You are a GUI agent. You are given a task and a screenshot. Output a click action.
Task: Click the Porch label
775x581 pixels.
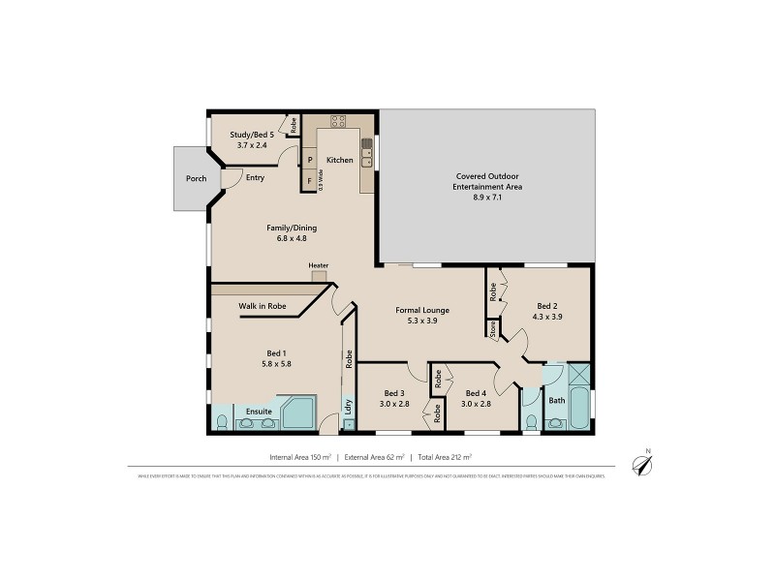point(196,179)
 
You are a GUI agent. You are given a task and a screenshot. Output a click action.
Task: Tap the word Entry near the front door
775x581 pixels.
point(255,177)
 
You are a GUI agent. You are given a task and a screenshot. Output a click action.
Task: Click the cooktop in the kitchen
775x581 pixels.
point(339,122)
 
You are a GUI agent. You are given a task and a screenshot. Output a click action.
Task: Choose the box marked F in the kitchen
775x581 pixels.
point(310,180)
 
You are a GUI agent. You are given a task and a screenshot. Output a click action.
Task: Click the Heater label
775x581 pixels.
point(319,265)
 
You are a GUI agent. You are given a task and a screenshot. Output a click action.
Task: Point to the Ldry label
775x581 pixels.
point(348,407)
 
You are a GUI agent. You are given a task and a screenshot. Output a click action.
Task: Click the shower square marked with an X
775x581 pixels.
point(580,375)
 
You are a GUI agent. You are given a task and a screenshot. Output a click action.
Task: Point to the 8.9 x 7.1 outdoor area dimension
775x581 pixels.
point(488,197)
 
